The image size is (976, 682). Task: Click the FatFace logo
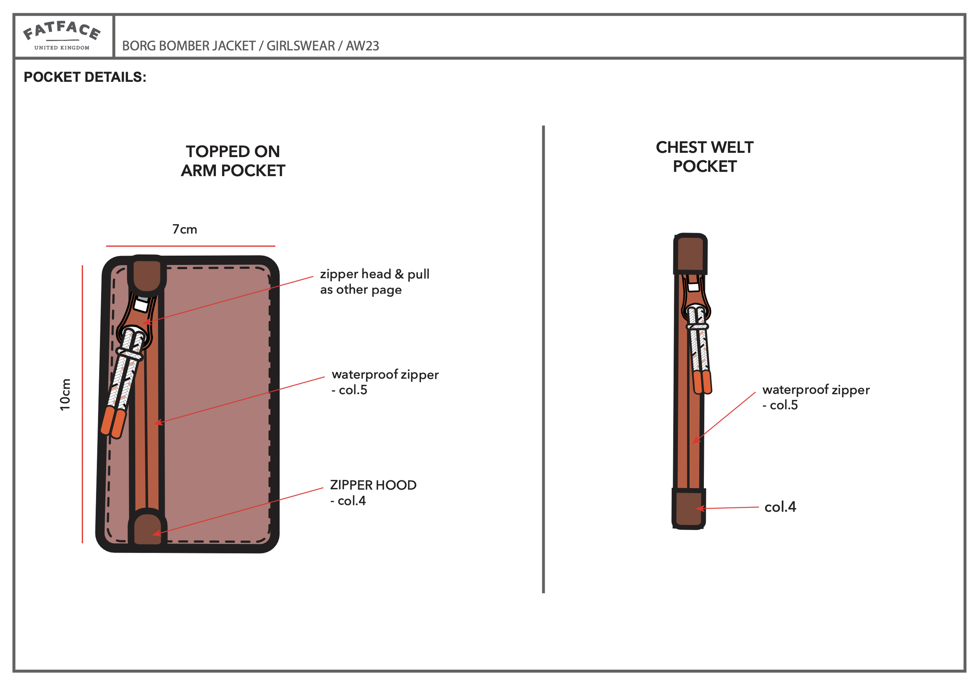(62, 36)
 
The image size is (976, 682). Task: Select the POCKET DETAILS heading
(85, 77)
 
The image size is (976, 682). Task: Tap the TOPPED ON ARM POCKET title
(233, 161)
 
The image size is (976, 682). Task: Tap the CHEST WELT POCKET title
(704, 157)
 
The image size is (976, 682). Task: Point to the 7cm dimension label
(185, 229)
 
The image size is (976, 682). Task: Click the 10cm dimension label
(65, 394)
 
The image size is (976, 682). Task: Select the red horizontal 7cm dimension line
(191, 246)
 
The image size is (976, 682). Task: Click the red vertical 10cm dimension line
(82, 404)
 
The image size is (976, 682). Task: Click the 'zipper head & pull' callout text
(374, 281)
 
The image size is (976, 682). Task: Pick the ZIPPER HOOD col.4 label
(373, 492)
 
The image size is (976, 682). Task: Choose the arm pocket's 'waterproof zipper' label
(384, 381)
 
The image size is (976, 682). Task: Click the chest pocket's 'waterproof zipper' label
(815, 397)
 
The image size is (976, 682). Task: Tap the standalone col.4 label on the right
(780, 507)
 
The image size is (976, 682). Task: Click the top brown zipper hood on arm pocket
(147, 275)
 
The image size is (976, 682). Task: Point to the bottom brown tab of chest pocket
(688, 509)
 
